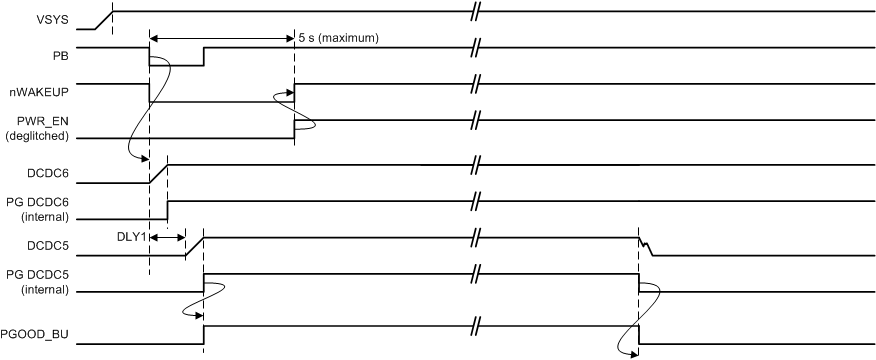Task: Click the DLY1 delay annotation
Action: (131, 237)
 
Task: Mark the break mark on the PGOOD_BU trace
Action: (478, 326)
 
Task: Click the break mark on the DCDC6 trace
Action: (478, 163)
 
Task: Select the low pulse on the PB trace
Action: (176, 65)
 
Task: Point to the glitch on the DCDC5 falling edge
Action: (646, 246)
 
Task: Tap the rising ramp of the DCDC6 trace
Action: (158, 172)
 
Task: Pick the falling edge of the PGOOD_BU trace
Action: (639, 335)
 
